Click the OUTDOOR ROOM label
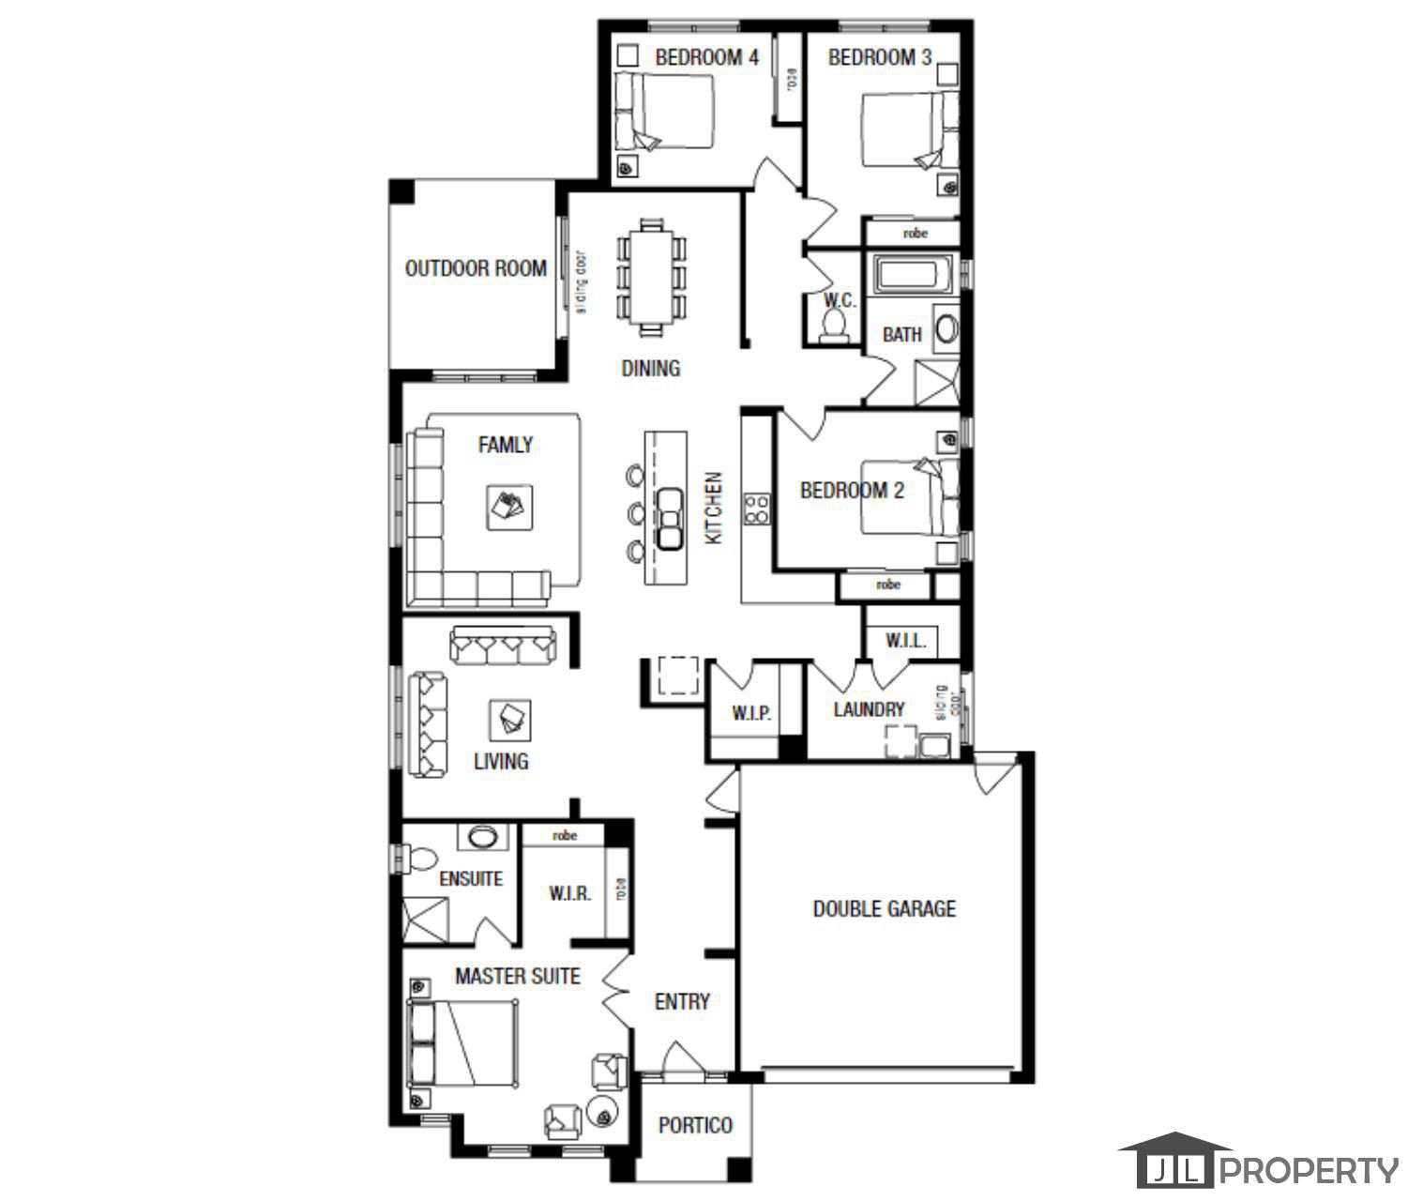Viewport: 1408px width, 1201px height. [x=475, y=268]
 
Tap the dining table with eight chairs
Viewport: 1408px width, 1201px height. [x=651, y=277]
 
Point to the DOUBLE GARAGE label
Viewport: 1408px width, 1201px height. [x=884, y=908]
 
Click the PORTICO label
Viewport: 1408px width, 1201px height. [x=695, y=1125]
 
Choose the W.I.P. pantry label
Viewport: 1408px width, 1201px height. [x=751, y=714]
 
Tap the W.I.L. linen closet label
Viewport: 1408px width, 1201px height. [x=905, y=642]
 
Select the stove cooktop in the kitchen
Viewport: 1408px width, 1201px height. [x=756, y=508]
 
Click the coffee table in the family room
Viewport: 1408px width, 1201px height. [x=509, y=508]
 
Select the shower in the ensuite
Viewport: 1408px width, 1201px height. [x=425, y=920]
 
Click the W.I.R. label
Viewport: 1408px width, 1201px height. [x=569, y=893]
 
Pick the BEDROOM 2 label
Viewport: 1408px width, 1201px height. [x=851, y=490]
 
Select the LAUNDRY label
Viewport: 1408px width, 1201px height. [x=869, y=709]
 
